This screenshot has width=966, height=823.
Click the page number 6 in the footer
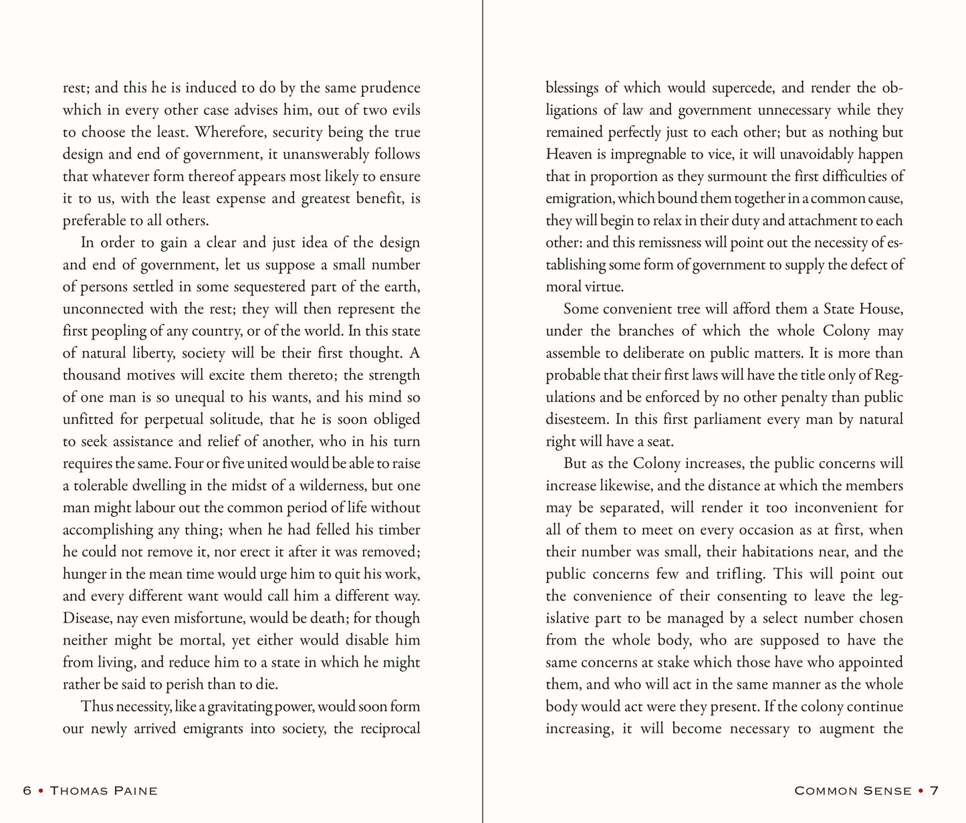[x=27, y=791]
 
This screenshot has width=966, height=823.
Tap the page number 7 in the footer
[x=935, y=791]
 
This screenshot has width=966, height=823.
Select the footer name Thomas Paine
[x=104, y=791]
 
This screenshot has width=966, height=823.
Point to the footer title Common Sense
[x=853, y=791]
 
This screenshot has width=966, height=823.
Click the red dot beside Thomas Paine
[x=41, y=791]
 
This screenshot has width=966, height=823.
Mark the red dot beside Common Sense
[x=922, y=791]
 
